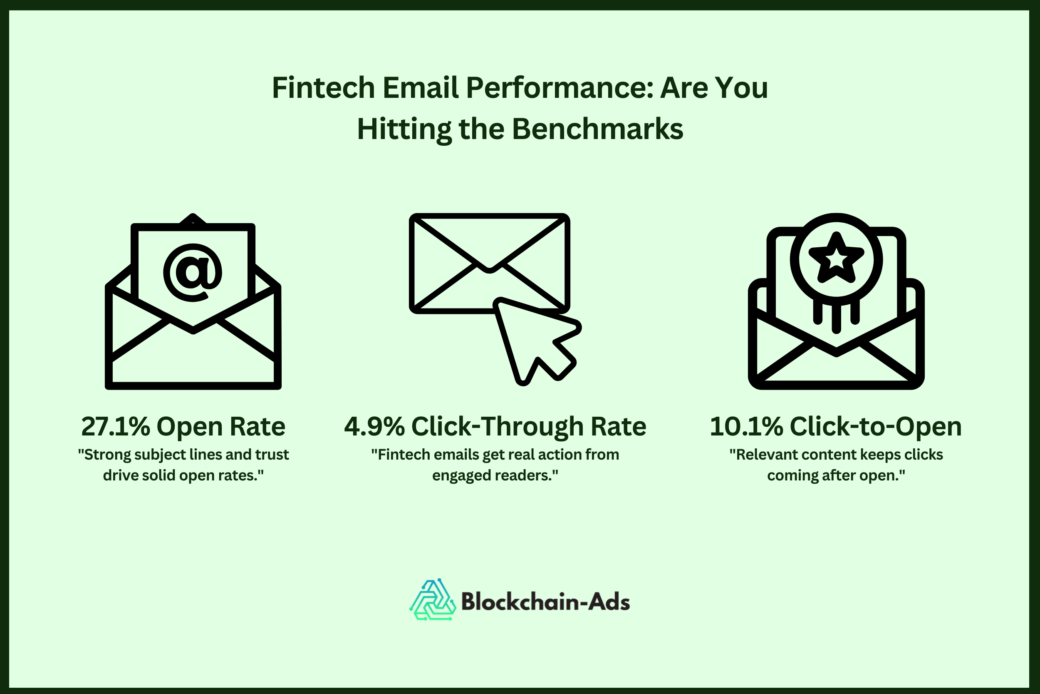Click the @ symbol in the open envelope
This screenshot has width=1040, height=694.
[193, 273]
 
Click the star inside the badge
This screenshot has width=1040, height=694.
[836, 259]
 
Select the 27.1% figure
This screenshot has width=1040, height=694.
[115, 427]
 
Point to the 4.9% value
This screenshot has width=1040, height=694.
[374, 427]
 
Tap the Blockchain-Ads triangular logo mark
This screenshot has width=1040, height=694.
[432, 600]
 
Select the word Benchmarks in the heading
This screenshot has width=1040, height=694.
[597, 129]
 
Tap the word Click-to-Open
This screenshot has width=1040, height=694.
[876, 427]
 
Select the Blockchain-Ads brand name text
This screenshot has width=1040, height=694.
[545, 602]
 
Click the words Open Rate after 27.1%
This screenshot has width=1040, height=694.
[220, 427]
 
